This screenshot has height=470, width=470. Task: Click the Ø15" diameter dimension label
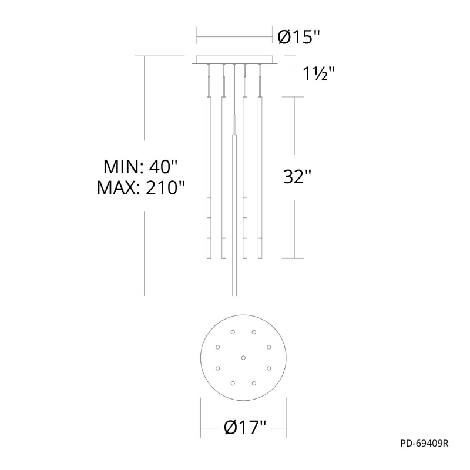[299, 37]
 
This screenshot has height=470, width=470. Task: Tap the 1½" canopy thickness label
[318, 73]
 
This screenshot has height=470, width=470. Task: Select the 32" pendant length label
[297, 177]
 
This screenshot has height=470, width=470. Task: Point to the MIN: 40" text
[140, 167]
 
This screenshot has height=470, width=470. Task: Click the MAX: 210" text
[140, 188]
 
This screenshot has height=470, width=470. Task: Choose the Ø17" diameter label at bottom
[245, 427]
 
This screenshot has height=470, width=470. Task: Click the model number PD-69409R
[424, 444]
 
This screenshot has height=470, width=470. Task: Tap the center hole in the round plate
[243, 358]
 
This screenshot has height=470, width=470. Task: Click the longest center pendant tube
[234, 215]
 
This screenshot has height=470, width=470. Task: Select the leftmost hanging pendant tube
[209, 177]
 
